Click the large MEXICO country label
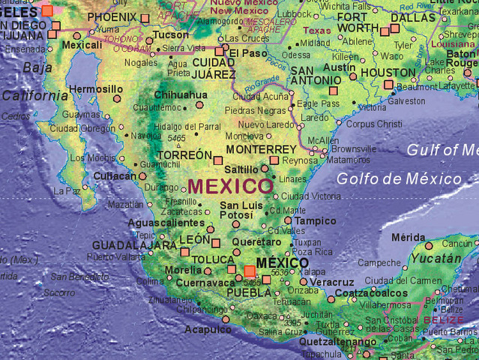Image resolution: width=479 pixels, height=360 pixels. pos(230,185)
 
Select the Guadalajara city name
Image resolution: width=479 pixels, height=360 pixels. pos(134,245)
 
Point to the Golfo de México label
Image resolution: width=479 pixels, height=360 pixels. pos(399,178)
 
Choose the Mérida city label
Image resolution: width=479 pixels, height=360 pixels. pos(408,238)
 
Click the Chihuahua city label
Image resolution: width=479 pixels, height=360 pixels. pos(181,95)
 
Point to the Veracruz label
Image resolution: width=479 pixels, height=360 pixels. pos(332,282)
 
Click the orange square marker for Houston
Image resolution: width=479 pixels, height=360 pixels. pos(389,85)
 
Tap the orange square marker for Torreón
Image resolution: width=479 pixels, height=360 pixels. pos(218,160)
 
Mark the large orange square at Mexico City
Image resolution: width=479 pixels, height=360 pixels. pos(250,271)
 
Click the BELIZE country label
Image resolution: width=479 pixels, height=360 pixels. pos(444,319)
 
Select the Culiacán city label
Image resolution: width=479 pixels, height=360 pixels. pos(116,175)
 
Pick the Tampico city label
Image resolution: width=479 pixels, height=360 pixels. pos(316,221)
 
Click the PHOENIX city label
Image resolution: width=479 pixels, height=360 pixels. pos(112,16)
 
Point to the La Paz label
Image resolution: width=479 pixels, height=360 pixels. pos(67,191)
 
